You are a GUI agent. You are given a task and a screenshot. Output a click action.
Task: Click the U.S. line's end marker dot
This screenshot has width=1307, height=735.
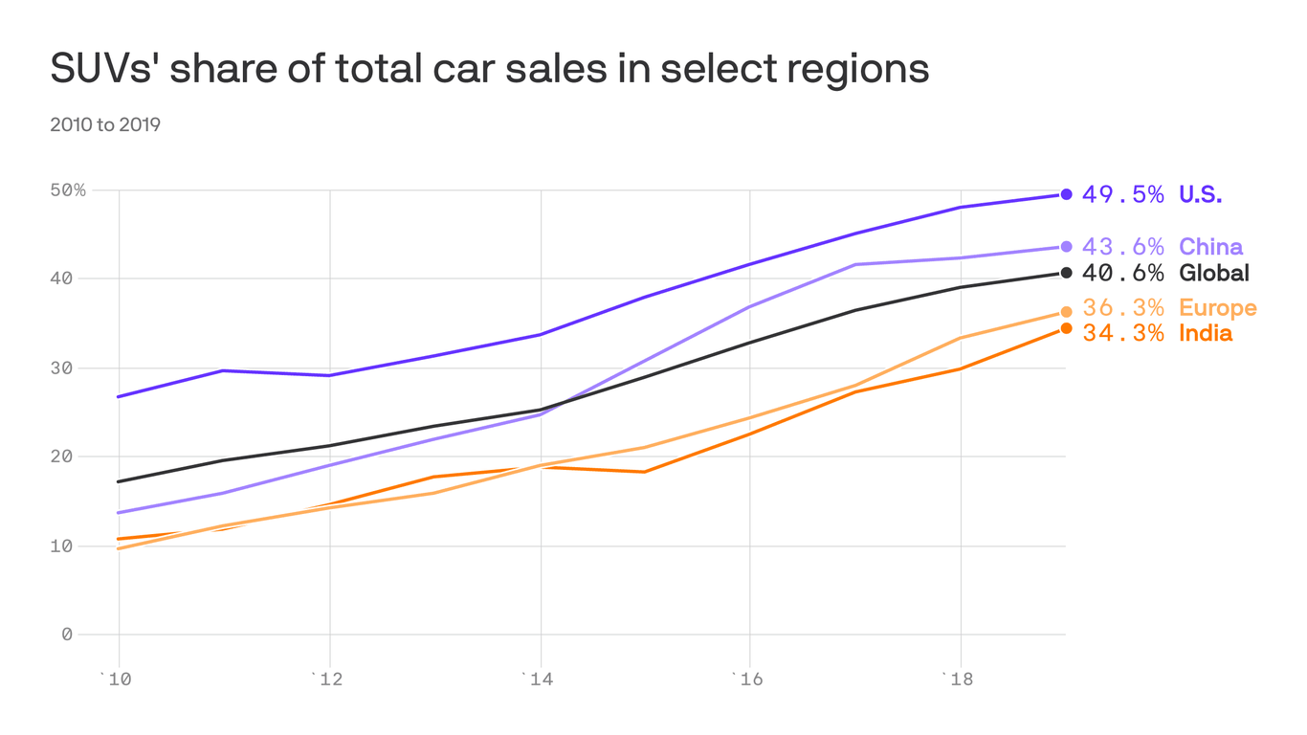1066,194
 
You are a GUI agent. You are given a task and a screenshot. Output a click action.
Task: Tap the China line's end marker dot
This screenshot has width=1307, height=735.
1066,247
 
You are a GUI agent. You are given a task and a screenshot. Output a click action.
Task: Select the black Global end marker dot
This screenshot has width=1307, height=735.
1066,273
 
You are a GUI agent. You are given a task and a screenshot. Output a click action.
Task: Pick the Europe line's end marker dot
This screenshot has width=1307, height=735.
1066,311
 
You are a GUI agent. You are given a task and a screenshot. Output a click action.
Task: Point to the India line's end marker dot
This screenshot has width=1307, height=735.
1066,328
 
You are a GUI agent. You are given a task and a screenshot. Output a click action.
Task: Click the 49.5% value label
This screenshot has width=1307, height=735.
1122,194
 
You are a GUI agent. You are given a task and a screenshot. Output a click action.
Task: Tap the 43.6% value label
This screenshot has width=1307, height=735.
1122,247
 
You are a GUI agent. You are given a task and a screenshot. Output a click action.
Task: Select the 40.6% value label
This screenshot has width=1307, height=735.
1122,273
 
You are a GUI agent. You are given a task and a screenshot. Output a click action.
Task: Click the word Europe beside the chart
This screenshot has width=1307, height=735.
1217,308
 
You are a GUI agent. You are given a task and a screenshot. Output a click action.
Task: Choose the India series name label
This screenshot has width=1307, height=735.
1205,333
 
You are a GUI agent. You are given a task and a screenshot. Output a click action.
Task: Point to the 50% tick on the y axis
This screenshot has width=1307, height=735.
68,190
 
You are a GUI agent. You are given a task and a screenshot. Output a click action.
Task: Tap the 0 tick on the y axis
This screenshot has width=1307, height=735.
67,634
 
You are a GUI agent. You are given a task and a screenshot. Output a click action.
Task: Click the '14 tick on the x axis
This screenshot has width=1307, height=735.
540,679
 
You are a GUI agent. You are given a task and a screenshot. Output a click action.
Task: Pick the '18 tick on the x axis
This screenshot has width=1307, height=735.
959,679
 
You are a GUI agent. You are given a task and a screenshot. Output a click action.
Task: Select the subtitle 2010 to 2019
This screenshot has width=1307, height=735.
105,124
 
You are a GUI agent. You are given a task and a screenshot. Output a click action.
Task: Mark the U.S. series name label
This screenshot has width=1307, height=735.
1200,194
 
